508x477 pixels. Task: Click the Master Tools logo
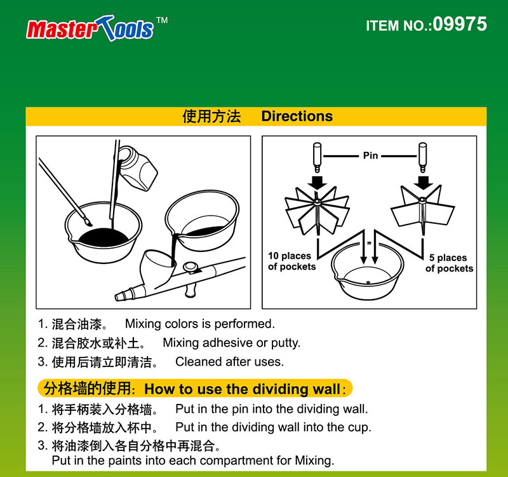pyautogui.click(x=90, y=28)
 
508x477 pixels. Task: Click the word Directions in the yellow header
pyautogui.click(x=297, y=116)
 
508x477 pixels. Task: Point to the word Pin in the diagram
pyautogui.click(x=370, y=155)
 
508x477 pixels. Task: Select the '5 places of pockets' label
pyautogui.click(x=449, y=263)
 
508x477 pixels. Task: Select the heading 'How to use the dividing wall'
pyautogui.click(x=243, y=389)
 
